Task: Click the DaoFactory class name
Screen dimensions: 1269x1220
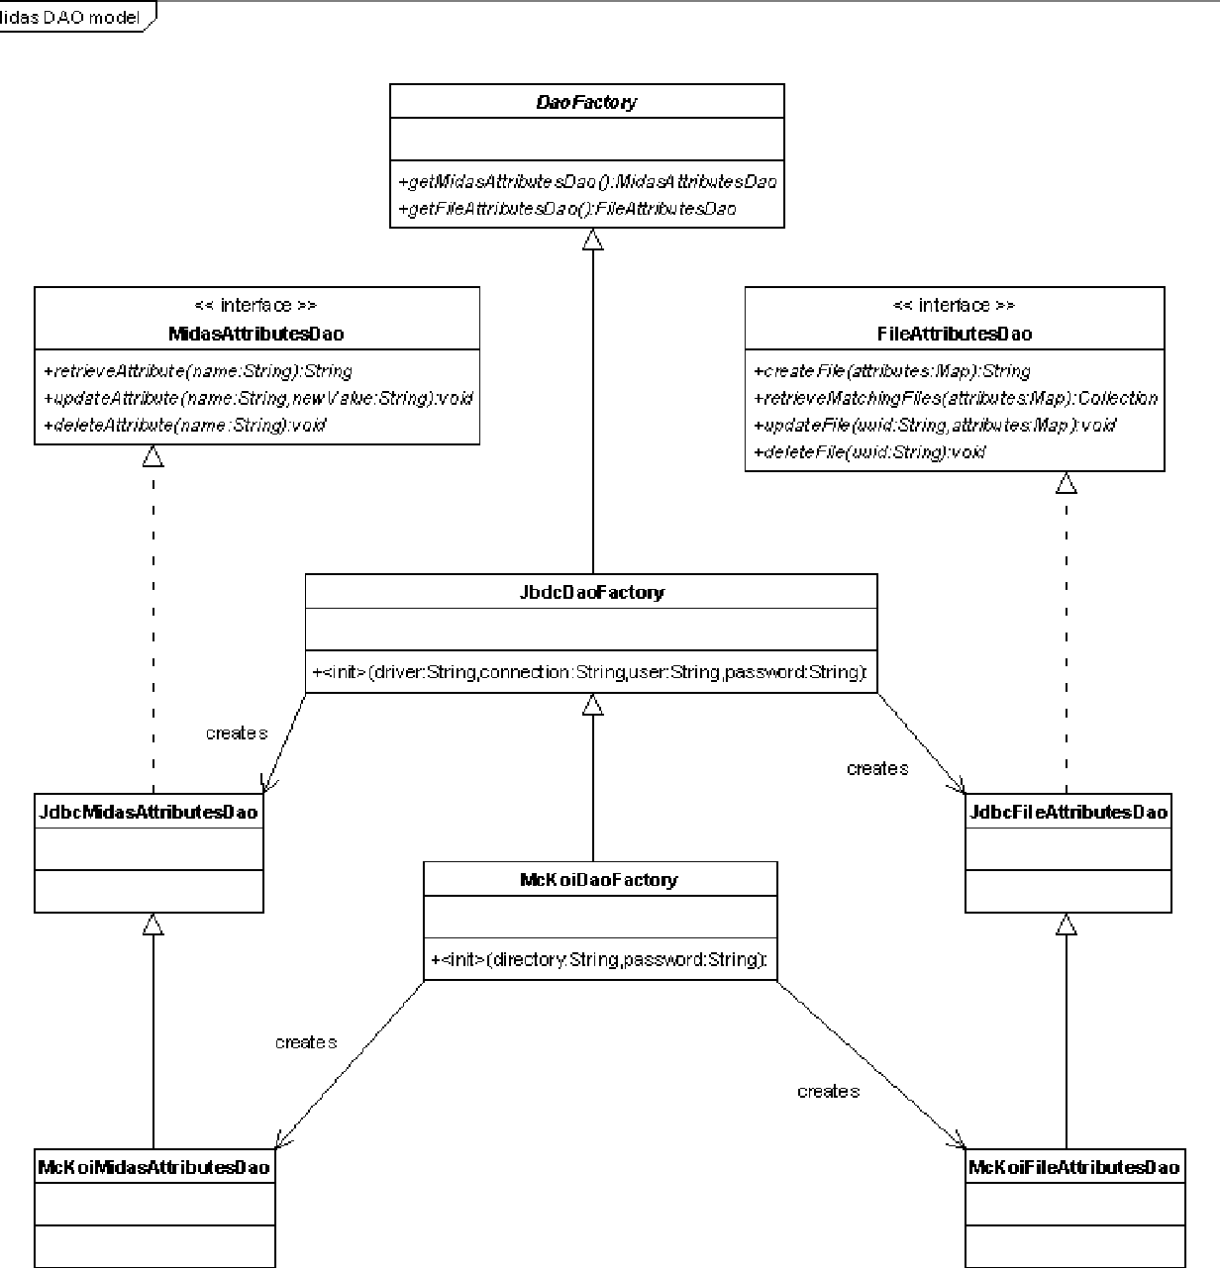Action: tap(586, 102)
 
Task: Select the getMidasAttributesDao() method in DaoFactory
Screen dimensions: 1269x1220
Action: tap(587, 182)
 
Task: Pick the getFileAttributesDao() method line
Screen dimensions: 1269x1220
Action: tap(566, 209)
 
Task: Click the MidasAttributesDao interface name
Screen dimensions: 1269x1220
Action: tap(256, 334)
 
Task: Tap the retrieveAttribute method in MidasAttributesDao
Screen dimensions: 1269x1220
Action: tap(198, 371)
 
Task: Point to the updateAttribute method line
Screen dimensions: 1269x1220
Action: tap(257, 398)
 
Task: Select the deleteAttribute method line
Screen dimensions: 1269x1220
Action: tap(185, 425)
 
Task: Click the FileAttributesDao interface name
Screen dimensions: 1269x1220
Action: tap(955, 334)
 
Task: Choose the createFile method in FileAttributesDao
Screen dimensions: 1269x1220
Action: tap(891, 371)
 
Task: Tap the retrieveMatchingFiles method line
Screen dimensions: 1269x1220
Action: tap(956, 398)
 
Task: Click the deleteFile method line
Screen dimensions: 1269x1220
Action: tap(869, 451)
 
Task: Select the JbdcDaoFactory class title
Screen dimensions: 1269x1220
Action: tap(591, 592)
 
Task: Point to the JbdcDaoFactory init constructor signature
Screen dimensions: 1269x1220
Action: tap(590, 672)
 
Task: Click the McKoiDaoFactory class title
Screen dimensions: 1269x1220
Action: tap(599, 879)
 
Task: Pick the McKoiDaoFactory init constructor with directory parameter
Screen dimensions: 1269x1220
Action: tap(599, 959)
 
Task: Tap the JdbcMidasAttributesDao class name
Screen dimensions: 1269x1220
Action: tap(149, 812)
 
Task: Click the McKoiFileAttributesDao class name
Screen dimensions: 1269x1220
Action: tap(1074, 1167)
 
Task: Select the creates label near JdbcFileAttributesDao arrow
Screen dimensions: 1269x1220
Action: tap(877, 768)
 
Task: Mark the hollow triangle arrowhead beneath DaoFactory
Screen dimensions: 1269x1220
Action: tap(592, 239)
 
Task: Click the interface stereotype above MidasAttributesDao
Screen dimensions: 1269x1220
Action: tap(256, 305)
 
